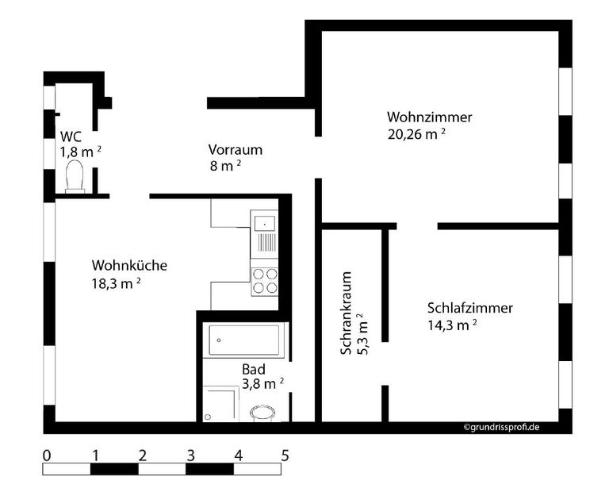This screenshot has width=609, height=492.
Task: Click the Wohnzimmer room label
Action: [x=430, y=117]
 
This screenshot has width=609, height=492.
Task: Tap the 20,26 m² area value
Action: [x=416, y=134]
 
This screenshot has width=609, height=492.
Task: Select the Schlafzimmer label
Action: [x=469, y=308]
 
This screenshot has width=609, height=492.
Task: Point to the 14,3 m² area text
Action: [x=452, y=324]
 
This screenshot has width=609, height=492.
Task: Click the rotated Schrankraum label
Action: [x=346, y=314]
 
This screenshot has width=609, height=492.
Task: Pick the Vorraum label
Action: [x=235, y=149]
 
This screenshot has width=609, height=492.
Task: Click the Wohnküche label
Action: [x=129, y=265]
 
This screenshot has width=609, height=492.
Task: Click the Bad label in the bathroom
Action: [x=254, y=369]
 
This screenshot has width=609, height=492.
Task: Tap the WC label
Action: [x=71, y=136]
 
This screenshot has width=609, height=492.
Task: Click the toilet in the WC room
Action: [x=75, y=177]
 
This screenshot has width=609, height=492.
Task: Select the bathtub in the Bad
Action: [x=243, y=339]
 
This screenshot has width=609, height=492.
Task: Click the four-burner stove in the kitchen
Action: [x=265, y=280]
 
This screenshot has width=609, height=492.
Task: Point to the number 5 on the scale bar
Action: [x=285, y=455]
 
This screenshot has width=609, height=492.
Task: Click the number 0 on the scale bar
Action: [x=47, y=455]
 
